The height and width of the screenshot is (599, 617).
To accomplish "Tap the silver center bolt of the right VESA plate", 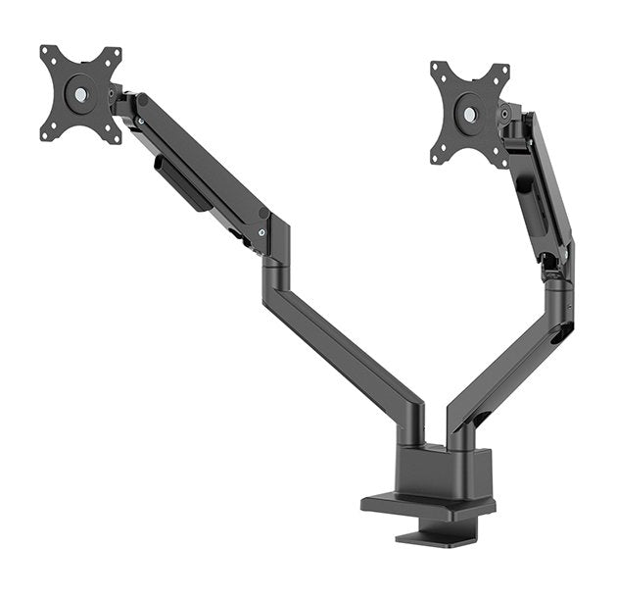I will [x=470, y=115].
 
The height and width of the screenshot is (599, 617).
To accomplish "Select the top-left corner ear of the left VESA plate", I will [x=47, y=52].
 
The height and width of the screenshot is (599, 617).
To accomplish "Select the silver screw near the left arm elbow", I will [x=261, y=232].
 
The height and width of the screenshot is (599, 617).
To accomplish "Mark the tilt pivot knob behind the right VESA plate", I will [x=505, y=114].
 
